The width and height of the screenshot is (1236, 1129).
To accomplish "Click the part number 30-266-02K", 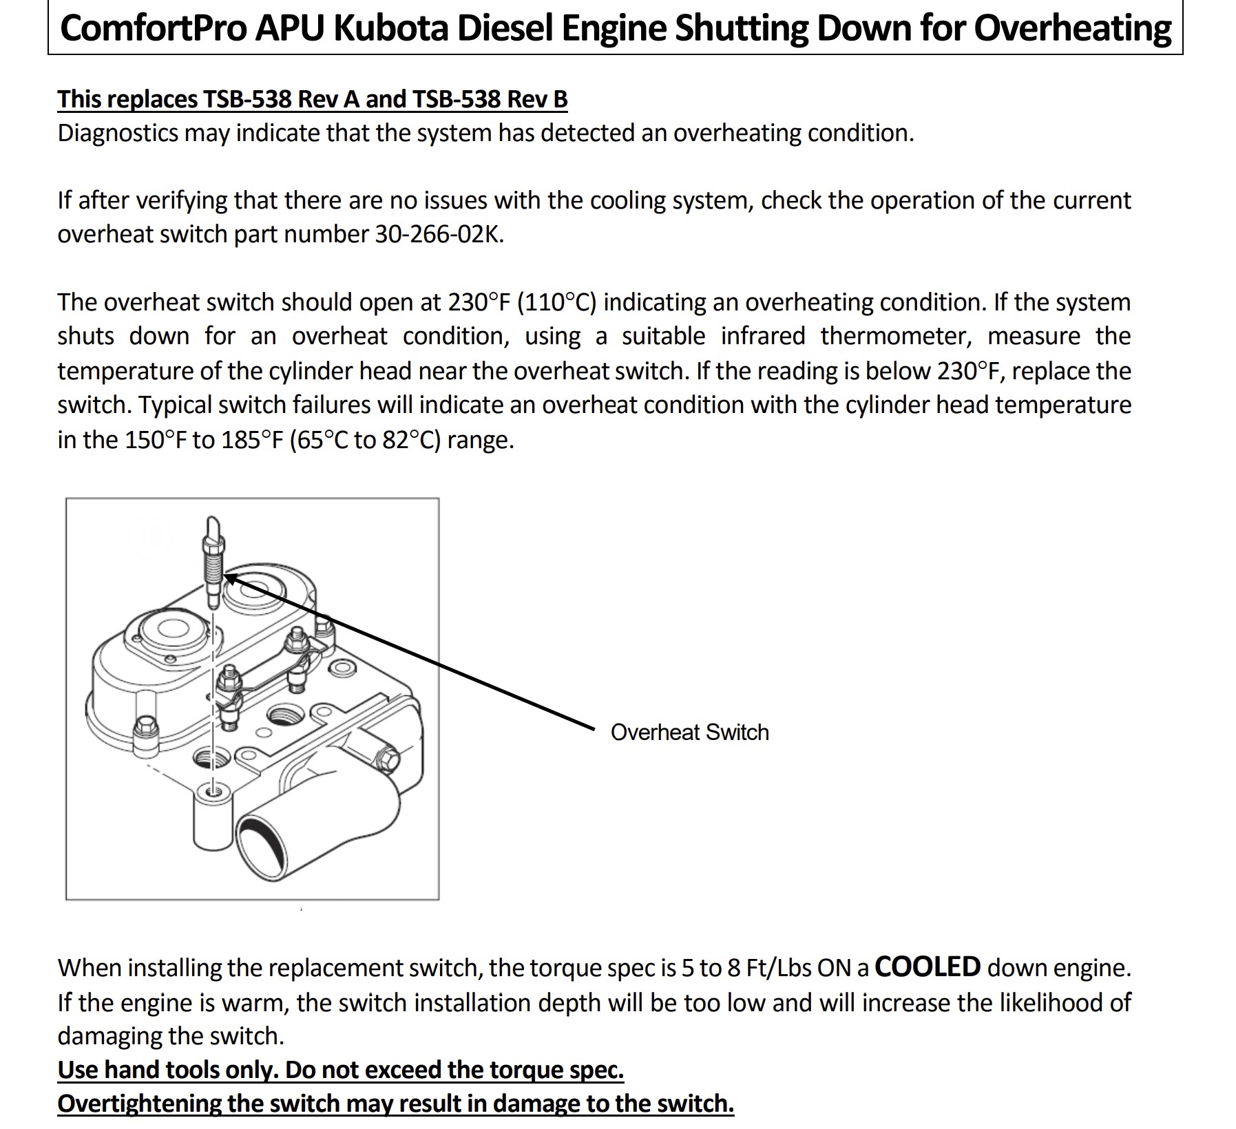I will [x=439, y=235].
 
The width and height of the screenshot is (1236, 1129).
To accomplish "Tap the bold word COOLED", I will [x=927, y=967].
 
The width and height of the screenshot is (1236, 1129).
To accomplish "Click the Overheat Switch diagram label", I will [x=689, y=732].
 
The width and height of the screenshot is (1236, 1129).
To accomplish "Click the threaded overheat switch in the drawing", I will [x=213, y=558].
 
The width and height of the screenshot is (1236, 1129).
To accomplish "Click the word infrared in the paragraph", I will [x=763, y=336].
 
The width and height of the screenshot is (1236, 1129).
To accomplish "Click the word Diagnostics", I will [x=118, y=133].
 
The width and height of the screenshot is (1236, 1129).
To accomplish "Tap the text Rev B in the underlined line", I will [x=537, y=99].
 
